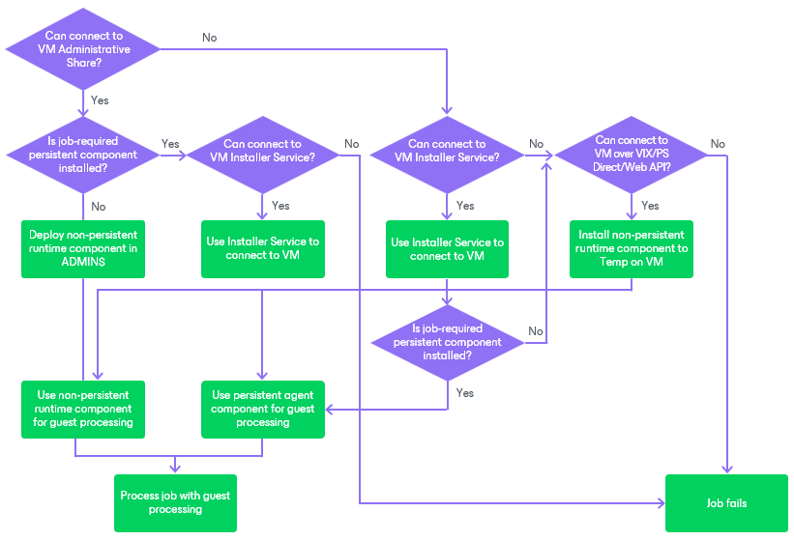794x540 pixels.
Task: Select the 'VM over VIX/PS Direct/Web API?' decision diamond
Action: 632,154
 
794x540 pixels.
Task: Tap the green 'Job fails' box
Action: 726,503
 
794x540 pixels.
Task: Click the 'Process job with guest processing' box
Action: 175,502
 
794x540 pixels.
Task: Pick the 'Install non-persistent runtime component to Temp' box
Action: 631,248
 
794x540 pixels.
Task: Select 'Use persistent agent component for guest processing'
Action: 262,409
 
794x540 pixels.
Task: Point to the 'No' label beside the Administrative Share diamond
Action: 209,38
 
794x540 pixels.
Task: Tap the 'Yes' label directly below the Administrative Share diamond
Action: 99,99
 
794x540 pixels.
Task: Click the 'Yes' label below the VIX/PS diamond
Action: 650,206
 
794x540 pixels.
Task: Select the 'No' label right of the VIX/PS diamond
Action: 717,144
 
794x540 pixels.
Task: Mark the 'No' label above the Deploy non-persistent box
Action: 98,206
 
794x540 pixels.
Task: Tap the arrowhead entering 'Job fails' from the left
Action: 662,503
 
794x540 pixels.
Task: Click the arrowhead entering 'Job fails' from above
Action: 726,470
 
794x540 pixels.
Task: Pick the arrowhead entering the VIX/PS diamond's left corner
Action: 548,154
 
